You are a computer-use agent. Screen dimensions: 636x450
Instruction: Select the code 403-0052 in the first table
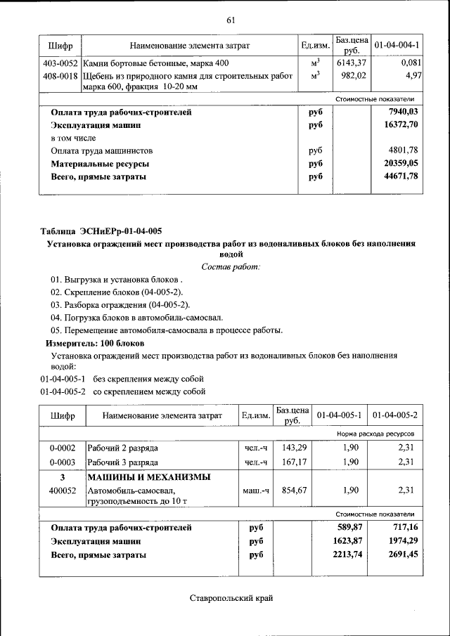point(60,63)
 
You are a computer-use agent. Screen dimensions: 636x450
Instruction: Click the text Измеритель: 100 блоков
point(95,343)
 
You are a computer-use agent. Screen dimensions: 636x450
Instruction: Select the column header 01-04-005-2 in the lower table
point(395,415)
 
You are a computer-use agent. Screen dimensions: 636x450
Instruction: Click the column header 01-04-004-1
point(397,45)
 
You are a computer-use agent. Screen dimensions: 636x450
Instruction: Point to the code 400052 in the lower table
point(63,491)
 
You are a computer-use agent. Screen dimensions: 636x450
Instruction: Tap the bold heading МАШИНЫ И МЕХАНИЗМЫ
point(148,477)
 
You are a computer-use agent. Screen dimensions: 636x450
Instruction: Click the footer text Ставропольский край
point(230,598)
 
